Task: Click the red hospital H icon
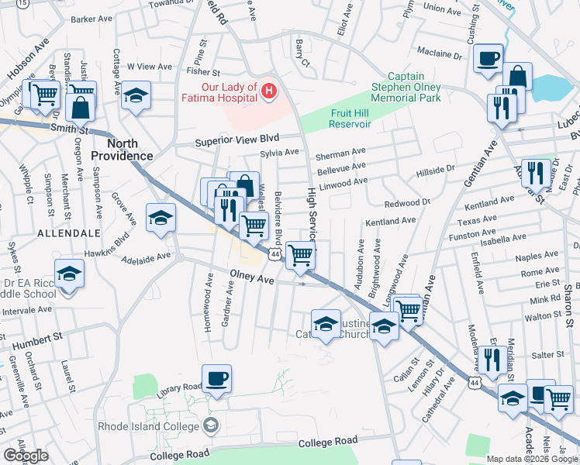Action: pyautogui.click(x=269, y=92)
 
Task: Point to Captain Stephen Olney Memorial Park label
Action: pyautogui.click(x=405, y=87)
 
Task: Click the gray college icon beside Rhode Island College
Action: pyautogui.click(x=209, y=425)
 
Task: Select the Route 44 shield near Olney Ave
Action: pyautogui.click(x=275, y=253)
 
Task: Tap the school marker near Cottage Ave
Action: pyautogui.click(x=136, y=95)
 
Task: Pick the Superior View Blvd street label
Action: pyautogui.click(x=236, y=142)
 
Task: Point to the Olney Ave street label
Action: pyautogui.click(x=251, y=276)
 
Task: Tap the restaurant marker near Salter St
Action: pyautogui.click(x=492, y=360)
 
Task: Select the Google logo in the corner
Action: pyautogui.click(x=26, y=456)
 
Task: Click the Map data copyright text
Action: pyautogui.click(x=531, y=459)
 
